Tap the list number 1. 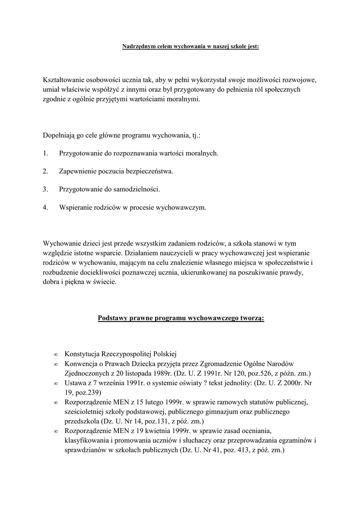pos(45,154)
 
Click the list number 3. pos(45,189)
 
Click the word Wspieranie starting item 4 pos(75,207)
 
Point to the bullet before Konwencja pos(56,364)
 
